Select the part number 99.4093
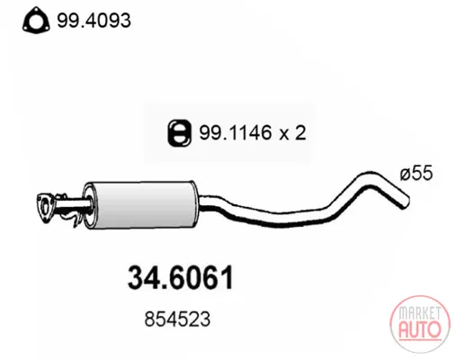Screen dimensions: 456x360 (x=94, y=21)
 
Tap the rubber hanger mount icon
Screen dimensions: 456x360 (x=179, y=133)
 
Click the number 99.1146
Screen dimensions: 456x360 (x=236, y=132)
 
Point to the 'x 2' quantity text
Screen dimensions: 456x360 (x=292, y=133)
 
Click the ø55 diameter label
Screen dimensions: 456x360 (x=416, y=174)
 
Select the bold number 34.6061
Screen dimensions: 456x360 (x=181, y=278)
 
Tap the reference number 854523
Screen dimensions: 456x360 (x=177, y=319)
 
